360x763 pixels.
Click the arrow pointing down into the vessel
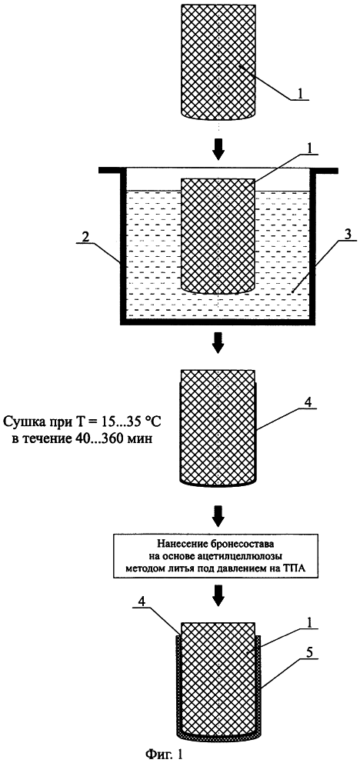pyautogui.click(x=218, y=152)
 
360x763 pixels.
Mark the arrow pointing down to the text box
pyautogui.click(x=218, y=518)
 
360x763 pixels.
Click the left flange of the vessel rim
pyautogui.click(x=112, y=170)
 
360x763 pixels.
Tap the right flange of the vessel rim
pyautogui.click(x=325, y=170)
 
